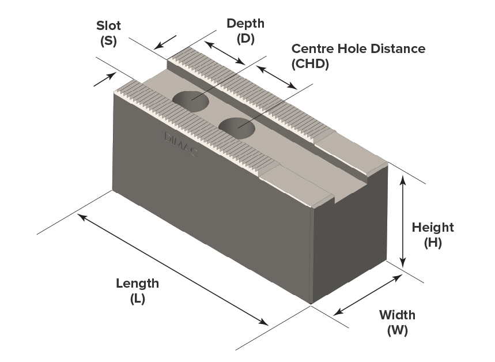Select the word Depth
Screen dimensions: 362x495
(245, 24)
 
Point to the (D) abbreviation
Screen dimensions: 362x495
(245, 39)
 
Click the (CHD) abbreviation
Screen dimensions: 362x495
(310, 64)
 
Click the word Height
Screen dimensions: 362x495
(433, 228)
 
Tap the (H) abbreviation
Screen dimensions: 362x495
(433, 243)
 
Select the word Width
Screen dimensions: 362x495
(397, 315)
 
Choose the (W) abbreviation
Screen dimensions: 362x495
(397, 331)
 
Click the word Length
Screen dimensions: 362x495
(137, 284)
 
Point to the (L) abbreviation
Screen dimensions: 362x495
(137, 299)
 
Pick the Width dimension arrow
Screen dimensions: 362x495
(368, 295)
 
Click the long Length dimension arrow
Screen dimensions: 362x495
(173, 269)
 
